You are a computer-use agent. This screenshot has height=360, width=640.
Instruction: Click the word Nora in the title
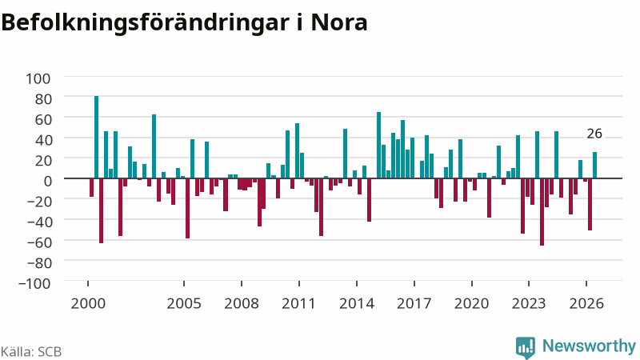339,23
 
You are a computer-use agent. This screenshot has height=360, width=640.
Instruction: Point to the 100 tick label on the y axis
38,78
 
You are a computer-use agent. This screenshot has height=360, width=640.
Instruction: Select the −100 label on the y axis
34,283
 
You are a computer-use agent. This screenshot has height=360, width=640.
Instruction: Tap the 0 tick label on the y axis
47,181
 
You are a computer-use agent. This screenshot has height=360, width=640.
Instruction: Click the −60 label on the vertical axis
38,242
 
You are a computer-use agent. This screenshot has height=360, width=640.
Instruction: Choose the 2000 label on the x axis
88,304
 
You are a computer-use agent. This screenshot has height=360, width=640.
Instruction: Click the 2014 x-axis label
357,304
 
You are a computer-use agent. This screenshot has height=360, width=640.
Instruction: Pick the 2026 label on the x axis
586,304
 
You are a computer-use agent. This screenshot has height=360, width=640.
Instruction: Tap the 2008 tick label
242,304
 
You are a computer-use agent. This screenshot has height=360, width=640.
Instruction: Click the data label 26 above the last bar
594,134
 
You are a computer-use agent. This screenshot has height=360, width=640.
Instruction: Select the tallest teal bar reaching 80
96,137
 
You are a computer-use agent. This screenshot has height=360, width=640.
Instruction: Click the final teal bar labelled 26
594,165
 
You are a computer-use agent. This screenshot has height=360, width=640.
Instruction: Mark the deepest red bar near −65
542,212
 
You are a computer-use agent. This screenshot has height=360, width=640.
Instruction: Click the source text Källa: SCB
31,352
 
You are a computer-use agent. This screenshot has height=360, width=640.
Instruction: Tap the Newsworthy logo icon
526,347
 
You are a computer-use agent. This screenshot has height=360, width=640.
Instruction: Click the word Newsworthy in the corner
589,346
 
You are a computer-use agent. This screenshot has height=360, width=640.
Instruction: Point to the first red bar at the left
91,188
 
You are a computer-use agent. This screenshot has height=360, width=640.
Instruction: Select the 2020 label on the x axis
471,304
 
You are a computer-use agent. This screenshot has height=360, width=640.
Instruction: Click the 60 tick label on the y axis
43,119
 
